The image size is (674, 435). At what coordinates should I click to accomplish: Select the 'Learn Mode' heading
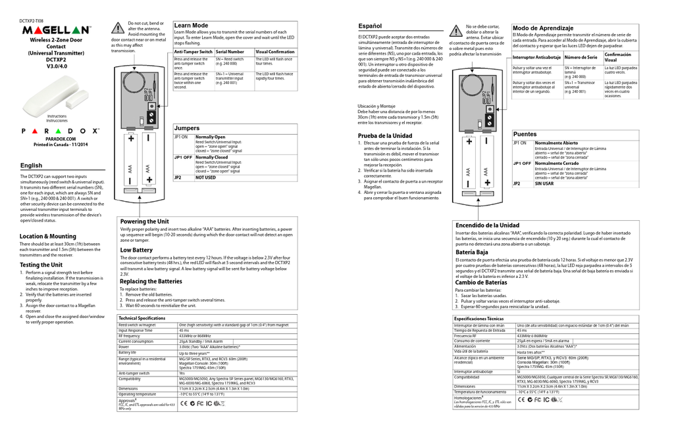pos(191,25)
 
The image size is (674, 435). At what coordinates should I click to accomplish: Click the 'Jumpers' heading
pos(187,127)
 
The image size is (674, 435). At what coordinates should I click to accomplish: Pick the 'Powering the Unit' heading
pos(144,221)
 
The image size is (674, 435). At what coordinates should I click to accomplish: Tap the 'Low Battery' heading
pos(136,250)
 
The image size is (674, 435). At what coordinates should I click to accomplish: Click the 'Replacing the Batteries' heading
pos(151,281)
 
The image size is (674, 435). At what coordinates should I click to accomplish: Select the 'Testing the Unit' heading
pos(41,264)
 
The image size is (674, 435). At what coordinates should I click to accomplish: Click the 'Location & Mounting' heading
pos(47,236)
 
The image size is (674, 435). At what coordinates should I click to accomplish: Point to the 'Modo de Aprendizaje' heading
pos(543,28)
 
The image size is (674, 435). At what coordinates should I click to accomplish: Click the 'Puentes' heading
pos(525,133)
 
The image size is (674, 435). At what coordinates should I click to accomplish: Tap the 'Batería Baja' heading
pos(472,252)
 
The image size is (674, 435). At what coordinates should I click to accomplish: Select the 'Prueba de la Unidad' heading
pos(385,135)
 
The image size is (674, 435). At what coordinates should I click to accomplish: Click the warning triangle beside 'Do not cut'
pos(118,28)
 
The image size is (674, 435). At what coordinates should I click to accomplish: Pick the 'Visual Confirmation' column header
pos(274,51)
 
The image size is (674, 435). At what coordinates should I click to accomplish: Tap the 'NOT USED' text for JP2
pos(205,177)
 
